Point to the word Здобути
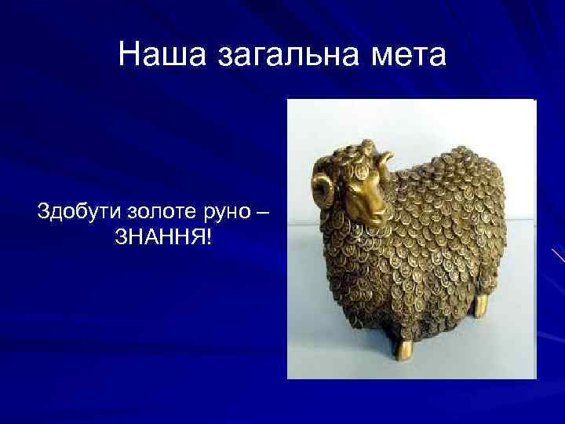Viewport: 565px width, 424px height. tap(76, 212)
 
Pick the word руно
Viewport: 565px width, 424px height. tap(228, 212)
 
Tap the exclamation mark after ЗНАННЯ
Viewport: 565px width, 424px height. tap(209, 236)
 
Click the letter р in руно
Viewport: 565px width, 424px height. tap(210, 214)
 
